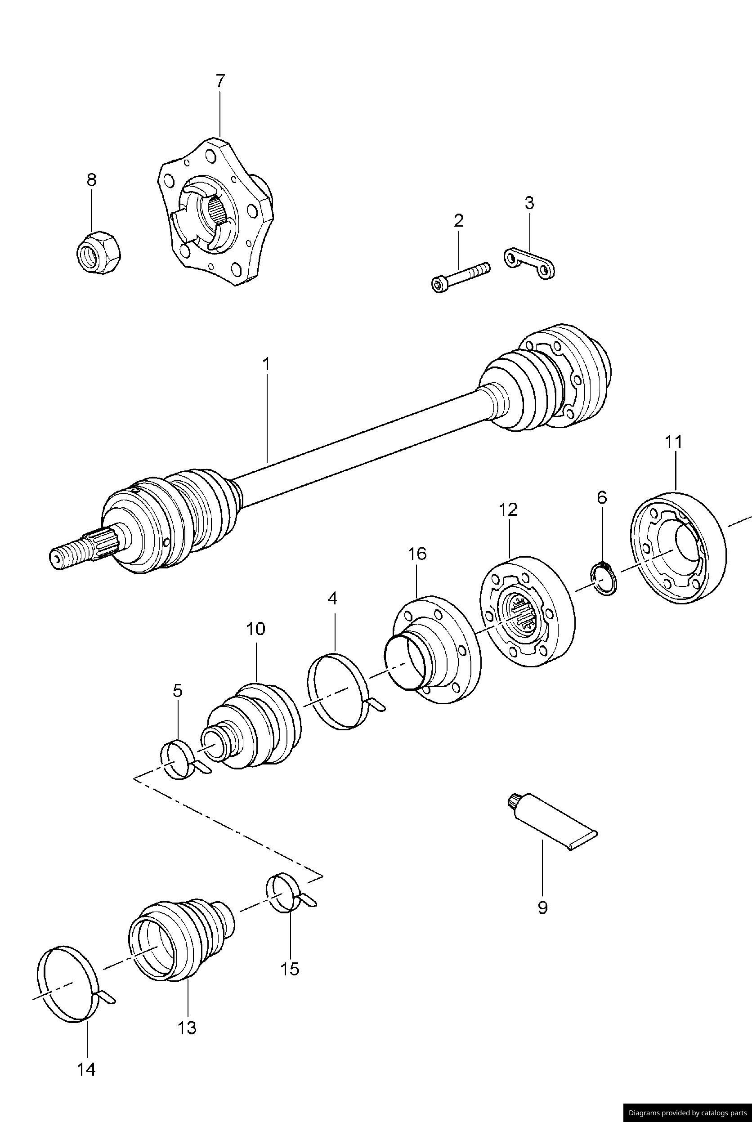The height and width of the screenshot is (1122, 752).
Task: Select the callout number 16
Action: point(417,554)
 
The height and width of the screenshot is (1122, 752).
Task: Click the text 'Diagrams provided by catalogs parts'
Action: point(687,1109)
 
